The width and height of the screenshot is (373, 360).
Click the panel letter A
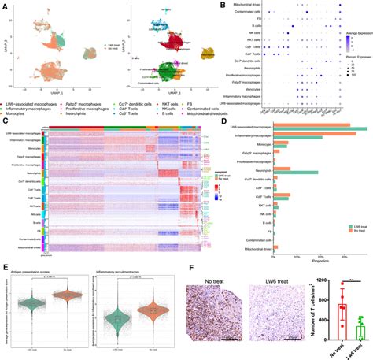(x=4, y=5)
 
